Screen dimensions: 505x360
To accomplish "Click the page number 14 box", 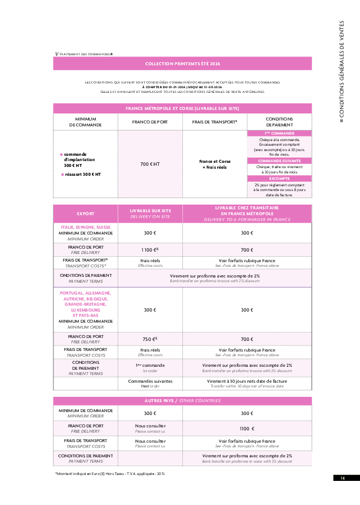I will (x=342, y=478).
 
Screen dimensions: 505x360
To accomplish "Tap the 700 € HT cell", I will (x=150, y=164).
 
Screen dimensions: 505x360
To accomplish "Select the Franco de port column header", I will (x=150, y=122).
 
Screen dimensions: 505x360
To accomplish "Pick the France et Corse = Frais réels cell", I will (x=215, y=164).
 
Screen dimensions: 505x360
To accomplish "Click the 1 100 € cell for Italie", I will (x=150, y=249).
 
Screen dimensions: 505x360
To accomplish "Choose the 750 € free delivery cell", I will (x=150, y=339).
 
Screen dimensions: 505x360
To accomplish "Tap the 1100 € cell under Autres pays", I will (x=247, y=429).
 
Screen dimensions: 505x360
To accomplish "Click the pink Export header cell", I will (x=85, y=213).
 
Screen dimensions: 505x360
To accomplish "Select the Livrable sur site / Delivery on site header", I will (x=150, y=213).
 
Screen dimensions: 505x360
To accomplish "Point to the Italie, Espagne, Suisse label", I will (x=85, y=227).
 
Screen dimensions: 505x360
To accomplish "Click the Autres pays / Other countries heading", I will (x=182, y=400).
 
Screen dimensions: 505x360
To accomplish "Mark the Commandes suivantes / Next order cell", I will (x=150, y=383).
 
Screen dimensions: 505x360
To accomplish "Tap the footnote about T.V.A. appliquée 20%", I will (x=110, y=473).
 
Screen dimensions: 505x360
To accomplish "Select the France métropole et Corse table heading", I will (x=182, y=108).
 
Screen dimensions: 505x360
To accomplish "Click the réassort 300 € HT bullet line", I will (x=82, y=174).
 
